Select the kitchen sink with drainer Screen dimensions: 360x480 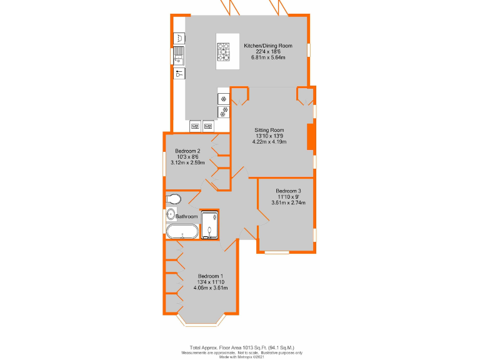click(x=179, y=55)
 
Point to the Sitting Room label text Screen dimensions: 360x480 click(x=269, y=130)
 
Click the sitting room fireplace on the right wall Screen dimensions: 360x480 click(x=310, y=137)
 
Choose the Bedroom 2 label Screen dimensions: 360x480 click(x=187, y=151)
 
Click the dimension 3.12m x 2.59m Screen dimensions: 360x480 click(x=187, y=162)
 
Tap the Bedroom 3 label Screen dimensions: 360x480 click(x=288, y=191)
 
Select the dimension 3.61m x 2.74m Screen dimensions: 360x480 click(x=288, y=202)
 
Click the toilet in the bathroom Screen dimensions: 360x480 click(x=174, y=199)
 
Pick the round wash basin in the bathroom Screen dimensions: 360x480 click(x=171, y=215)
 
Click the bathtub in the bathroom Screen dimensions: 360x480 click(x=182, y=232)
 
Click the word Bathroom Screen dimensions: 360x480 click(x=186, y=217)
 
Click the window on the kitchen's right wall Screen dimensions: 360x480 click(x=309, y=51)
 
